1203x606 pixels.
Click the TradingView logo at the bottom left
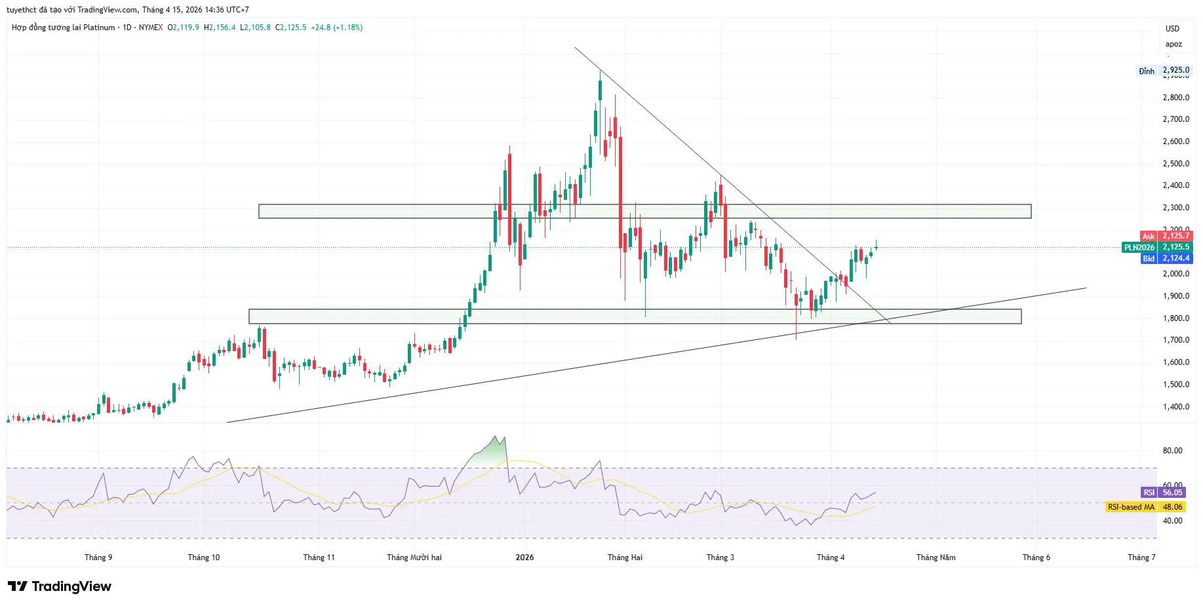point(60,586)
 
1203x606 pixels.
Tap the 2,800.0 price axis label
point(1175,98)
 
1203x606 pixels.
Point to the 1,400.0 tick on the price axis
point(1175,407)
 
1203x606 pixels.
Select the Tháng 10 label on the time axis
point(203,558)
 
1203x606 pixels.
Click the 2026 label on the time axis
point(524,558)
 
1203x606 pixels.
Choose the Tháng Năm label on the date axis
point(936,558)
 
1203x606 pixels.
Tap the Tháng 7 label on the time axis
point(1141,558)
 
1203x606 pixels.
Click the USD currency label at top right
point(1172,29)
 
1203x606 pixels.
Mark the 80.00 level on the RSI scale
point(1172,451)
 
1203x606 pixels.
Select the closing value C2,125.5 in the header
point(290,28)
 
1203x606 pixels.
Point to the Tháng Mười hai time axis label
point(414,558)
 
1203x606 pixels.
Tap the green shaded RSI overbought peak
point(493,452)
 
